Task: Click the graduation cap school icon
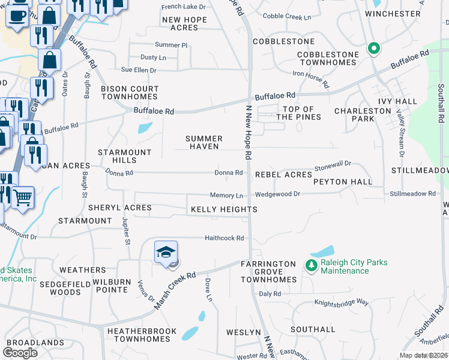[x=166, y=252]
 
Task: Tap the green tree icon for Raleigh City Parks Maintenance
[x=311, y=265]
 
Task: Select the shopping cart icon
[x=22, y=197]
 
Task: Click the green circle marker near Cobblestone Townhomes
[x=373, y=48]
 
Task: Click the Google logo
[x=20, y=353]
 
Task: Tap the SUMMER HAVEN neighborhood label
[x=205, y=143]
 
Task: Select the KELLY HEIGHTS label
[x=224, y=209]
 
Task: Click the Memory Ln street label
[x=226, y=196]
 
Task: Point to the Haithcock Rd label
[x=224, y=238]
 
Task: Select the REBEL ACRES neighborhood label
[x=283, y=175]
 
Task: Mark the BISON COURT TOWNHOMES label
[x=130, y=92]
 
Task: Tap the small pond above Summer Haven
[x=145, y=128]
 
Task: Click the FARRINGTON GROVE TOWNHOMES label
[x=268, y=272]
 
